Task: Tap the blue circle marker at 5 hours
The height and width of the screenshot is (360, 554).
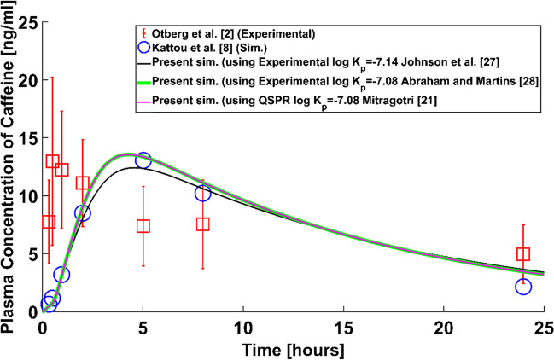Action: pyautogui.click(x=143, y=160)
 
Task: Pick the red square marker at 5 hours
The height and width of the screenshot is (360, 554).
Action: pyautogui.click(x=143, y=226)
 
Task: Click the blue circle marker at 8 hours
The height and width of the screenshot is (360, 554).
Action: pyautogui.click(x=203, y=194)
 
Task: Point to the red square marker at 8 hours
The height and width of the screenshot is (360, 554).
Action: pyautogui.click(x=203, y=224)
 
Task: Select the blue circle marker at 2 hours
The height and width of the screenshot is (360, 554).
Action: pyautogui.click(x=82, y=213)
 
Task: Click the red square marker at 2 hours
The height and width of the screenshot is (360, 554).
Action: pyautogui.click(x=82, y=183)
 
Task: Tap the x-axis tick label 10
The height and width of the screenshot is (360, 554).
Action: pyautogui.click(x=242, y=328)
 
